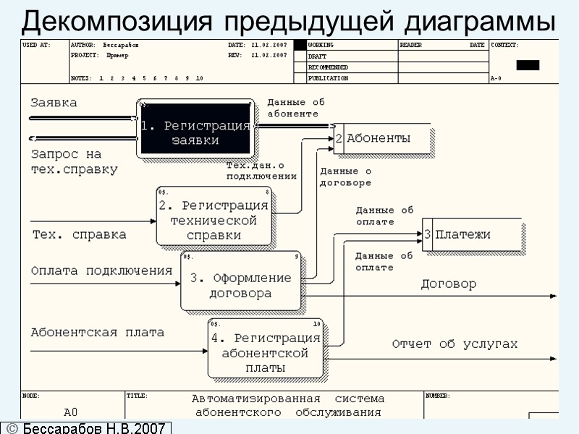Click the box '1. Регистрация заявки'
coord(195,128)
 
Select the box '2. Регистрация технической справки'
coord(214,216)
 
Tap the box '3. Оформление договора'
coord(240,281)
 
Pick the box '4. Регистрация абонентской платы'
coord(265,348)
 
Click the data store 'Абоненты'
coord(384,138)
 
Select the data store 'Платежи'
coord(471,234)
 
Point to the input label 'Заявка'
coord(54,103)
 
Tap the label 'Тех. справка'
coord(79,234)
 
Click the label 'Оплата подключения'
coord(101,271)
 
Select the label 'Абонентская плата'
coord(97,333)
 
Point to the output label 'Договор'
coord(449,284)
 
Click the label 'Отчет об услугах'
coord(455,344)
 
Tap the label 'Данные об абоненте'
coord(296,108)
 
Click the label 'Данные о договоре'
coord(345,177)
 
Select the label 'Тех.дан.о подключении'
coord(261,171)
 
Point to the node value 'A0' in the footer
coord(70,412)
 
